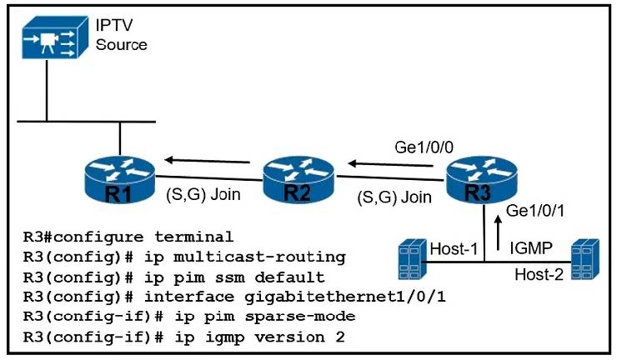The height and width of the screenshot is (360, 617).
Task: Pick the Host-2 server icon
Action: click(x=584, y=259)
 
